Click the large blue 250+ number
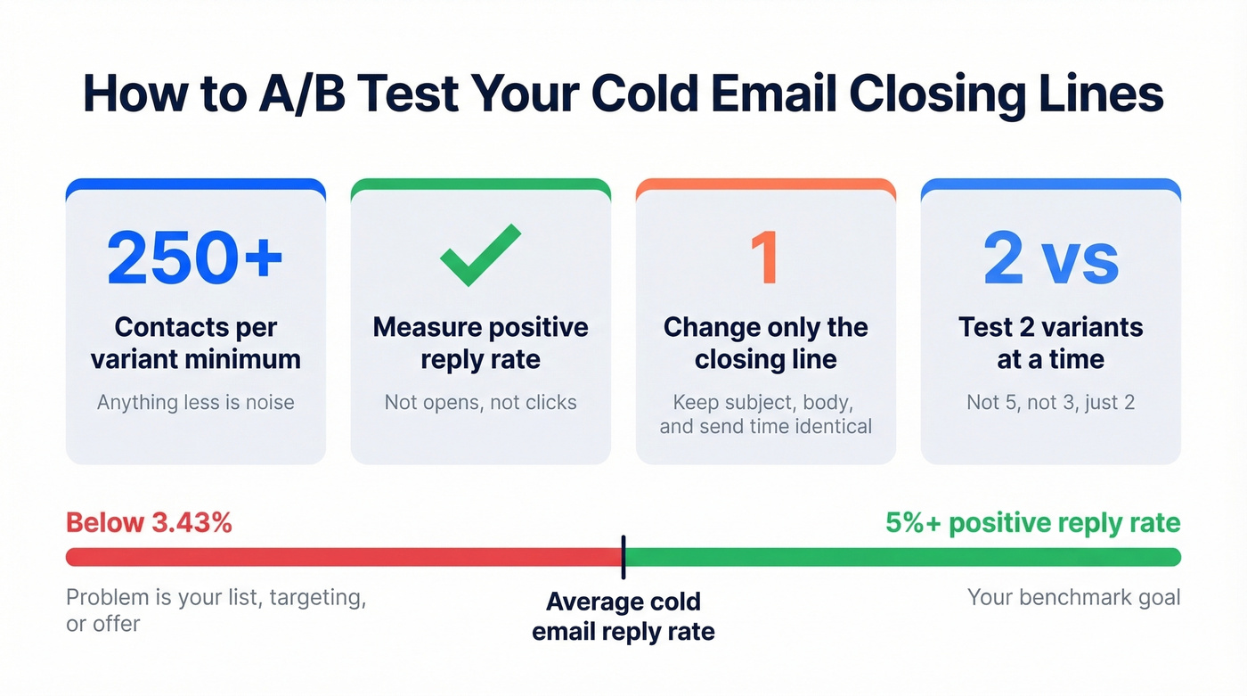click(x=195, y=258)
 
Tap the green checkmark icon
click(x=481, y=256)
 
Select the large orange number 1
click(x=764, y=258)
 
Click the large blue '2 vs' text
click(x=1051, y=258)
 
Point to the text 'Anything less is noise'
click(x=195, y=403)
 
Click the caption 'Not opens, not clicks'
click(x=481, y=403)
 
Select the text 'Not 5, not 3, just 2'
click(x=1051, y=403)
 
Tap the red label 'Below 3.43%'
click(x=149, y=523)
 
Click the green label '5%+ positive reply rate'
click(x=1033, y=523)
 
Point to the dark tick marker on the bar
click(x=623, y=557)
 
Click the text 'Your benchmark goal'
click(x=1073, y=597)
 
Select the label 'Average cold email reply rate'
click(x=623, y=617)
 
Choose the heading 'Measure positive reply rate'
click(x=481, y=343)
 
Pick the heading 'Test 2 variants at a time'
click(x=1051, y=343)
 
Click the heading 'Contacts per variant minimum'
click(x=195, y=343)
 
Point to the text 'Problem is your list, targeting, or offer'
click(x=216, y=610)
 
